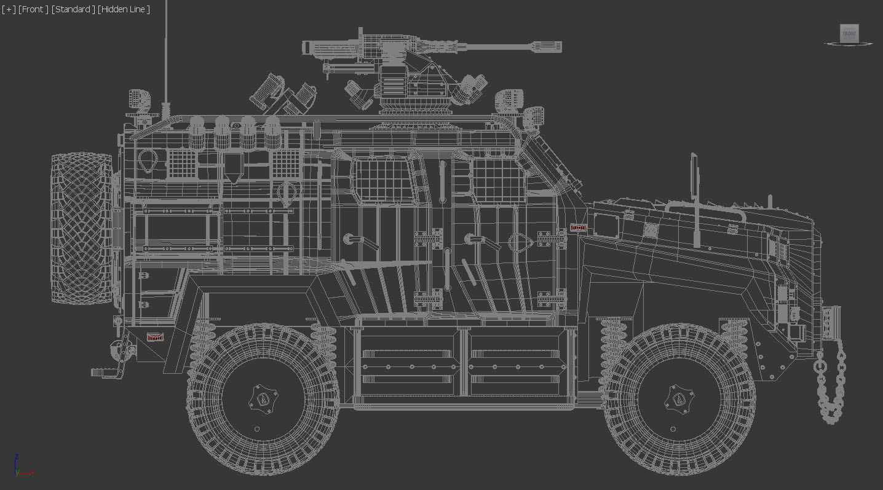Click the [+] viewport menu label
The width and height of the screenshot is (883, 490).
coord(9,9)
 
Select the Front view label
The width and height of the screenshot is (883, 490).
coord(33,9)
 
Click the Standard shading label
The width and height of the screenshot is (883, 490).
coord(73,9)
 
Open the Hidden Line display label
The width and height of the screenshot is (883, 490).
coord(124,9)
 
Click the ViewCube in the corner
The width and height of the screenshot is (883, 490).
coord(849,34)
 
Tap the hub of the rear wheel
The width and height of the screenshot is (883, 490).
coord(263,400)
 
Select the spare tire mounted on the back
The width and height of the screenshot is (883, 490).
coord(82,229)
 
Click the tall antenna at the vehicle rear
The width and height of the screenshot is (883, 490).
coord(165,61)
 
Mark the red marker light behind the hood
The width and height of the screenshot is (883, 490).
coord(577,227)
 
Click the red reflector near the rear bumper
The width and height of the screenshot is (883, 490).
coord(156,337)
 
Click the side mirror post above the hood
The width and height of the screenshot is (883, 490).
coord(694,197)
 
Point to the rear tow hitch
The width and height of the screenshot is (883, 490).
coord(105,371)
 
